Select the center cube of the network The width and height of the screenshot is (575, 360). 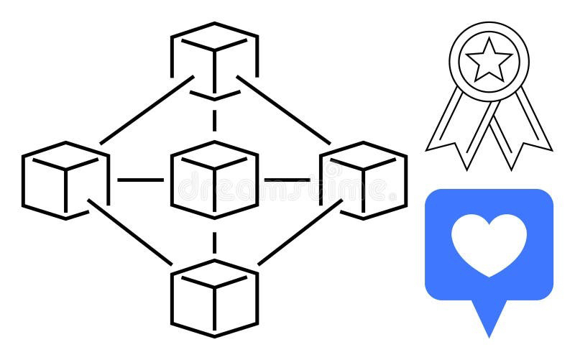(x=214, y=180)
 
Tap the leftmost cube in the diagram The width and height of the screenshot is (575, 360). (x=65, y=180)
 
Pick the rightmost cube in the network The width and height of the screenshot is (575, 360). (x=363, y=180)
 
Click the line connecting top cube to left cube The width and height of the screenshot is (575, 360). (x=144, y=112)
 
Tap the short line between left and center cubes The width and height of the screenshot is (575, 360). (x=139, y=180)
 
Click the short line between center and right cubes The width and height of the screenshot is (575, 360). (x=287, y=180)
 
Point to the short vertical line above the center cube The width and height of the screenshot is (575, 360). (x=214, y=119)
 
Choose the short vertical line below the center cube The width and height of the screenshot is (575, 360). (x=214, y=240)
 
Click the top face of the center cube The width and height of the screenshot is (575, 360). (x=214, y=155)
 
